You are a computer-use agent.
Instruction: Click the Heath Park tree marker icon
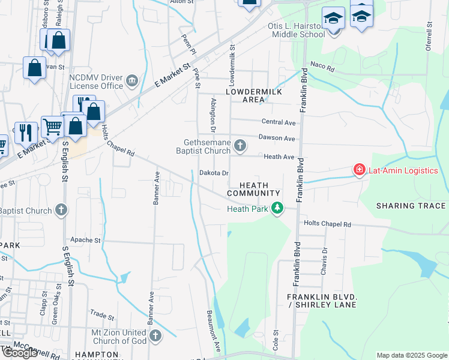pyautogui.click(x=277, y=209)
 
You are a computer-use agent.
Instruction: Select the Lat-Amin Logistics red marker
pyautogui.click(x=360, y=170)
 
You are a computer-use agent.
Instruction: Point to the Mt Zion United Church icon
pyautogui.click(x=155, y=335)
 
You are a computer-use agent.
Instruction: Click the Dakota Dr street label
pyautogui.click(x=214, y=173)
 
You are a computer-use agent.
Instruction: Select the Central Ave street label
pyautogui.click(x=279, y=122)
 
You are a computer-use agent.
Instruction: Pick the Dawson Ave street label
pyautogui.click(x=277, y=138)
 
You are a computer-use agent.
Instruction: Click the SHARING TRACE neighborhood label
pyautogui.click(x=411, y=206)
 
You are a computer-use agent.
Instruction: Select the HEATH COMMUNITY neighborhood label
pyautogui.click(x=253, y=189)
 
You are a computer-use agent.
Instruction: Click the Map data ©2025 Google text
pyautogui.click(x=411, y=355)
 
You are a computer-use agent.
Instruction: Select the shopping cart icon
pyautogui.click(x=53, y=127)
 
